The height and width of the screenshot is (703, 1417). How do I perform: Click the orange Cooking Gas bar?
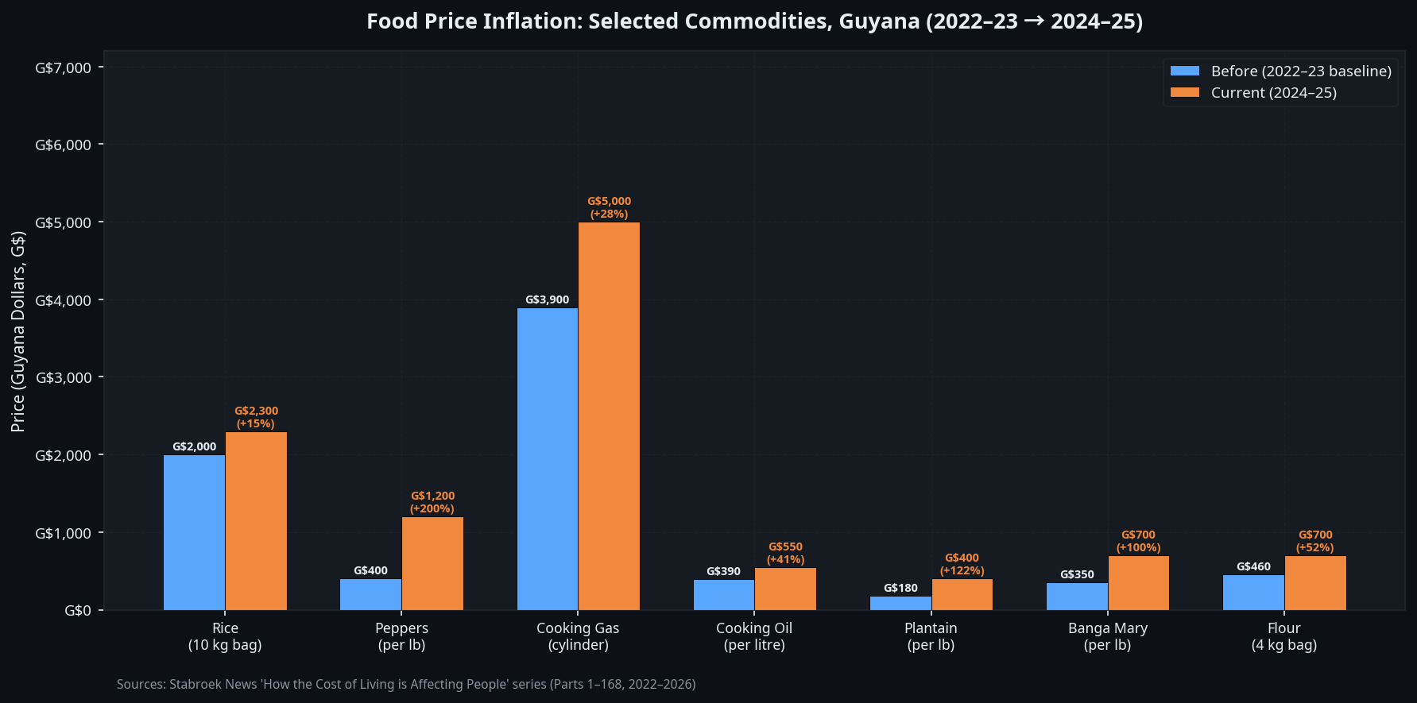(x=609, y=416)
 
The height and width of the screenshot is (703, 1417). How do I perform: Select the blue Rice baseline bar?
(x=194, y=532)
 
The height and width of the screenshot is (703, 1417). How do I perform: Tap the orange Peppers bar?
(x=432, y=564)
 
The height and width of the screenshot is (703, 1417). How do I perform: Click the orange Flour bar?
(x=1315, y=583)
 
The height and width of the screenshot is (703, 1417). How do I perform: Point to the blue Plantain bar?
(x=900, y=603)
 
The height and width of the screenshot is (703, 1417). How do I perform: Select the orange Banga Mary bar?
(x=1138, y=583)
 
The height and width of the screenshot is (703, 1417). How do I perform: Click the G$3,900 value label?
(x=547, y=299)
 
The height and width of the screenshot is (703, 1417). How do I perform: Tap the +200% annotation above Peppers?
(x=432, y=508)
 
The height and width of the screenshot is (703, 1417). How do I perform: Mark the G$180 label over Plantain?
(x=900, y=588)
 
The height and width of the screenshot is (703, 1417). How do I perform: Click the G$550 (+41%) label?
(x=785, y=553)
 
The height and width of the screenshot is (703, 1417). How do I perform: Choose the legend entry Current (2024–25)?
(x=1273, y=93)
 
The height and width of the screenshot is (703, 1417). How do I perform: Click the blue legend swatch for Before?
(x=1184, y=71)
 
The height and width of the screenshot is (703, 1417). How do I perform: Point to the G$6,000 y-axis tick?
(x=64, y=145)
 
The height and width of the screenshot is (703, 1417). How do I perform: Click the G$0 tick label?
(x=77, y=610)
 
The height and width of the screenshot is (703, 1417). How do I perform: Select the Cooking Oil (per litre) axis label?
(x=754, y=636)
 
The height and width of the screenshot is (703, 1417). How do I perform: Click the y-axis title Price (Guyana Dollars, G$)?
(x=18, y=331)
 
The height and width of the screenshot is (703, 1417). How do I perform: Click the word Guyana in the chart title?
(x=879, y=21)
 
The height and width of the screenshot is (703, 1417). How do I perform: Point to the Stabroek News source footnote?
(x=405, y=684)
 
